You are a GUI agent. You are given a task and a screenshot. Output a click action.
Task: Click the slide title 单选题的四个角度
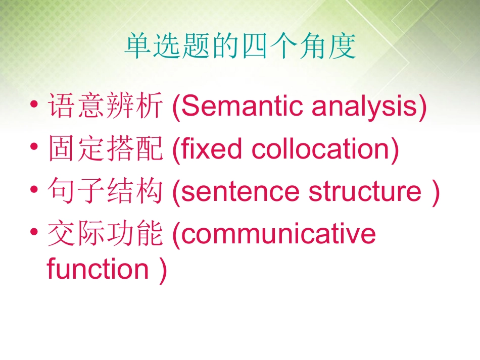tap(240, 47)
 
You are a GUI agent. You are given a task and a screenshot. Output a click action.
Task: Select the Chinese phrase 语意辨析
tap(105, 107)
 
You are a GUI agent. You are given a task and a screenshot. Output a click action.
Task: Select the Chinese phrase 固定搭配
tap(105, 150)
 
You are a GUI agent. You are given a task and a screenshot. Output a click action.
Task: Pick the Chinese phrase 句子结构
tap(105, 192)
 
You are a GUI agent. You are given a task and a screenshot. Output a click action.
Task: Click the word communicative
tap(278, 235)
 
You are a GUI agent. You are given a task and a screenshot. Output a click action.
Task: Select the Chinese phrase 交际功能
tap(105, 235)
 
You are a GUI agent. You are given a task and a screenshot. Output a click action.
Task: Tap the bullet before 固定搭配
tap(34, 147)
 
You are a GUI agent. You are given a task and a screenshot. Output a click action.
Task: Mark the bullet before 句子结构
tap(34, 190)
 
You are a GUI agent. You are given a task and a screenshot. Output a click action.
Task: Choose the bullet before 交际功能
tap(34, 233)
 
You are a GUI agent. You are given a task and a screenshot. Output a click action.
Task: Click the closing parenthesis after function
tap(162, 270)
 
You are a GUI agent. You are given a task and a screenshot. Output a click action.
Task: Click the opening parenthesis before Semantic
tap(175, 107)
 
